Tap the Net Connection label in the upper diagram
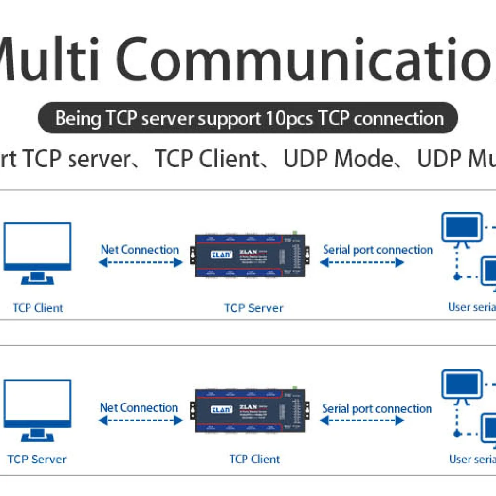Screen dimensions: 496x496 pyautogui.click(x=140, y=249)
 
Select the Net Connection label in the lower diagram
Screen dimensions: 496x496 pyautogui.click(x=139, y=408)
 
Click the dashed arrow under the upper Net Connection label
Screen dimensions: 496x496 pyautogui.click(x=140, y=263)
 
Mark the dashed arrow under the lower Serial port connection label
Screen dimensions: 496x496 pyautogui.click(x=362, y=421)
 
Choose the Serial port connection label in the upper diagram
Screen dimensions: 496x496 pyautogui.click(x=378, y=250)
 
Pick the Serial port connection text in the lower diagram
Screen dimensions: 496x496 pyautogui.click(x=377, y=409)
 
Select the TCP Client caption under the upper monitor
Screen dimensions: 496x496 pyautogui.click(x=38, y=308)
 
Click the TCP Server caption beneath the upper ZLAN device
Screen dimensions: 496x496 pyautogui.click(x=253, y=308)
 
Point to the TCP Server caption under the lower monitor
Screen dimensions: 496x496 pyautogui.click(x=37, y=459)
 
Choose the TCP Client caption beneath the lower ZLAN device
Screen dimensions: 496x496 pyautogui.click(x=254, y=459)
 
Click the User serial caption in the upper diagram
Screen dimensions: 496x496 pyautogui.click(x=472, y=307)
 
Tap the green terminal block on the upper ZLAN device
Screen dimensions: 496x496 pyautogui.click(x=295, y=232)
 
